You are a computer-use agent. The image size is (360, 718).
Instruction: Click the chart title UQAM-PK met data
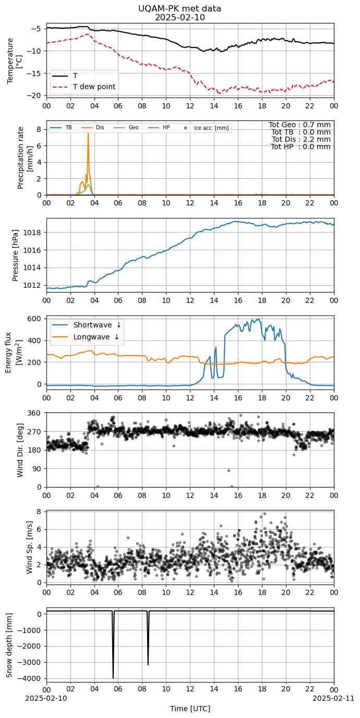coord(179,8)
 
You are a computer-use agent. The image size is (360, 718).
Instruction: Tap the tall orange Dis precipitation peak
coord(88,134)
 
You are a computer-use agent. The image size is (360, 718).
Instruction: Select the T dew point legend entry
coord(85,87)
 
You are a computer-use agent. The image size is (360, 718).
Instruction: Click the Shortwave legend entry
coord(87,325)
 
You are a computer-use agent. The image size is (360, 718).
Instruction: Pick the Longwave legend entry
coord(86,337)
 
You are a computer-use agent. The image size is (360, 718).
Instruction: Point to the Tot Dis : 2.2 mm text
coord(301,139)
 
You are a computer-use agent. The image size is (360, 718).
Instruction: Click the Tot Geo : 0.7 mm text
coord(299,125)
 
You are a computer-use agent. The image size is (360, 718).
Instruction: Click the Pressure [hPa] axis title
coord(15,255)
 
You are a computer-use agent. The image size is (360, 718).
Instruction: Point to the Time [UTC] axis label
coord(190,709)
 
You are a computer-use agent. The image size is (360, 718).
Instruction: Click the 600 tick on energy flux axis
coord(37,319)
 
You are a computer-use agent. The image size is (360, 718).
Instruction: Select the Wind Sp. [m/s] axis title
coord(29,547)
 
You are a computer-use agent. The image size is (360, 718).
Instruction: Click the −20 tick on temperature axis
coord(35,95)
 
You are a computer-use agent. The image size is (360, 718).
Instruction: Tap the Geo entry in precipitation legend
coord(126,128)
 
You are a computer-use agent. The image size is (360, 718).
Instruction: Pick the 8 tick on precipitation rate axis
coord(39,129)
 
